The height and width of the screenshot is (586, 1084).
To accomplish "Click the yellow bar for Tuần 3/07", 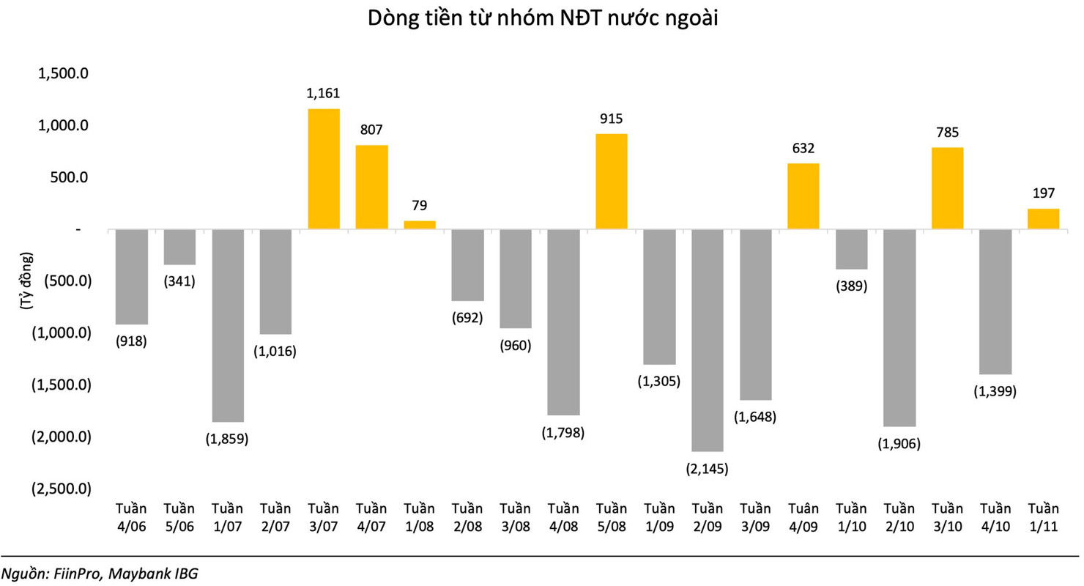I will [x=324, y=169].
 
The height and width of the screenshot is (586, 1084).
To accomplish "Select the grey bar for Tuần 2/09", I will [x=708, y=340].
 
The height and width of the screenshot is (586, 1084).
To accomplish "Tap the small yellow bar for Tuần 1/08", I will [x=420, y=225].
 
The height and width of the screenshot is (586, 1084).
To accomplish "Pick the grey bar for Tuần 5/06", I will [x=179, y=247].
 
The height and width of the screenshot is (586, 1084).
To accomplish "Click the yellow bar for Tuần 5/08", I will [x=612, y=182].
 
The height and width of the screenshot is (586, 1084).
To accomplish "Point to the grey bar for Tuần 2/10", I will [x=899, y=327].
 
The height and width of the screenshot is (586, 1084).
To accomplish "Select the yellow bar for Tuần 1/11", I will [x=1043, y=219].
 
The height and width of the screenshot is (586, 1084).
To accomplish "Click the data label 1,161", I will [x=324, y=94].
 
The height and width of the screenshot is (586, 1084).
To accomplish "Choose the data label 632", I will [x=803, y=149].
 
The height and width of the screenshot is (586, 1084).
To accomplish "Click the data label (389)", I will [x=851, y=286].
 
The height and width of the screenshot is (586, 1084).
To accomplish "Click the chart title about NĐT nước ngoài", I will [x=542, y=20].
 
